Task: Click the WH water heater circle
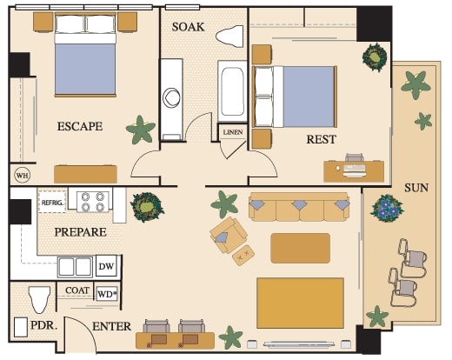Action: (23, 175)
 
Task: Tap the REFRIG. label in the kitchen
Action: (52, 203)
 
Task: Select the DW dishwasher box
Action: (106, 266)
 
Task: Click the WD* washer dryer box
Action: (107, 294)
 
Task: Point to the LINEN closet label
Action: (233, 132)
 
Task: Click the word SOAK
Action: (188, 27)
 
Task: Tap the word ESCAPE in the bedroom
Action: (80, 126)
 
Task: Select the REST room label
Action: (322, 139)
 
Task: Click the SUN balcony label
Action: (416, 188)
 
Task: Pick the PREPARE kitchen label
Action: (81, 232)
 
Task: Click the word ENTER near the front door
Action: (112, 326)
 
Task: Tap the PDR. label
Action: (44, 325)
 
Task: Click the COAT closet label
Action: (77, 290)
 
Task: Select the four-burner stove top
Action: (93, 202)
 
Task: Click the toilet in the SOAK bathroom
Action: (229, 37)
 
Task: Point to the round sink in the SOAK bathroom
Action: (171, 97)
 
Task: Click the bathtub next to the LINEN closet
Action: (232, 91)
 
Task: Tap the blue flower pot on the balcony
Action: (387, 208)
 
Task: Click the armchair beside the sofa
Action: (229, 235)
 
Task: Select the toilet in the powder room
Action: (40, 300)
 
